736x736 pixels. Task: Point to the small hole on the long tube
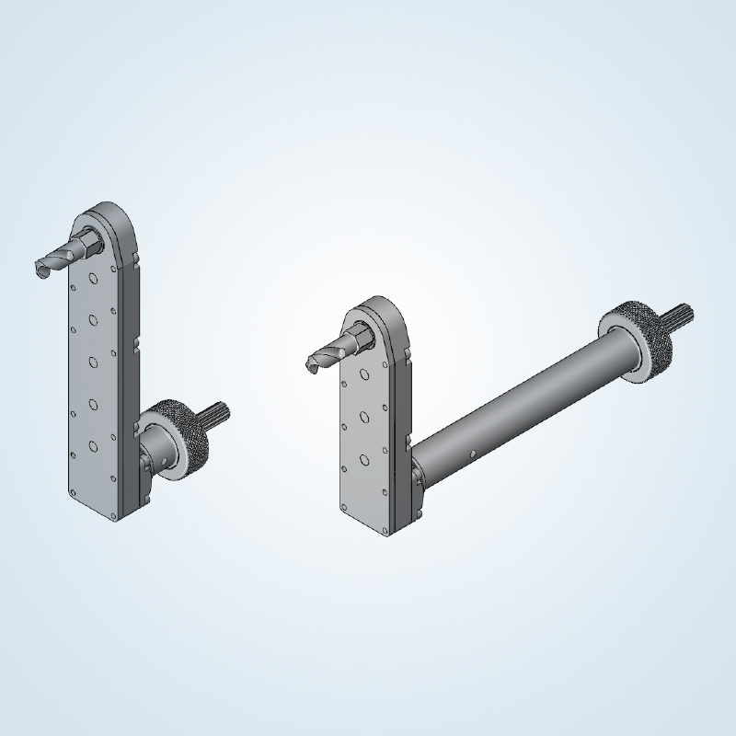pos(471,454)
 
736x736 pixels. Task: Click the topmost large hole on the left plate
pos(93,278)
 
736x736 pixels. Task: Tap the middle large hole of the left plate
pos(93,361)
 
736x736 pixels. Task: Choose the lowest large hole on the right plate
pos(364,457)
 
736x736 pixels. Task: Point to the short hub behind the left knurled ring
pos(152,451)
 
